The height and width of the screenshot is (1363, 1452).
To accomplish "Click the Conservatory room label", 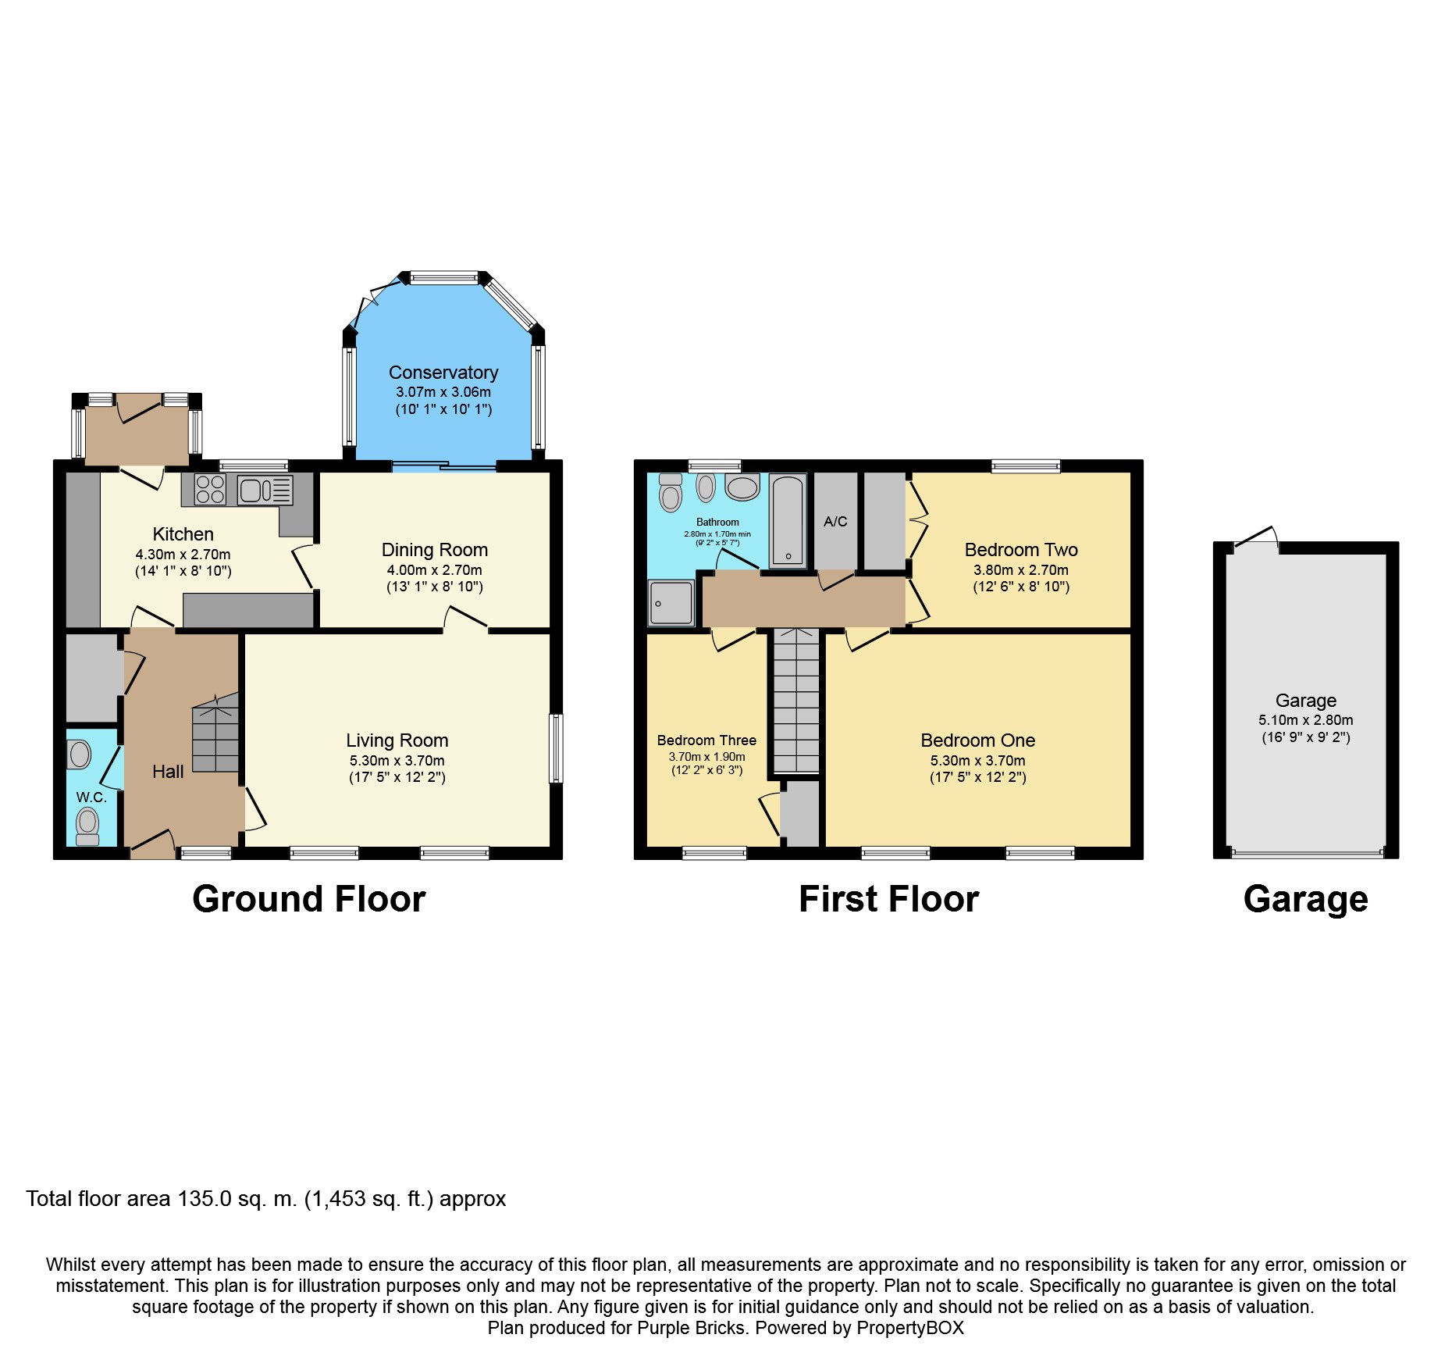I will (x=443, y=373).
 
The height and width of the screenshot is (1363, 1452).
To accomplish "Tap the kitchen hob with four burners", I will (x=210, y=489).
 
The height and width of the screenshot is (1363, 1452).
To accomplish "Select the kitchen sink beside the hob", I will (x=265, y=490).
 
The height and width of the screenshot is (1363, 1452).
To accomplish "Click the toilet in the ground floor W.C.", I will (x=87, y=825).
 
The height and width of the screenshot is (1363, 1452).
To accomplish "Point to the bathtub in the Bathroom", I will (x=788, y=520).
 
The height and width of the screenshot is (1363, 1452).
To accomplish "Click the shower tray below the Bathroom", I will (x=671, y=602).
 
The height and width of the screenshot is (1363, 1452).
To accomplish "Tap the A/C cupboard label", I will (x=835, y=521).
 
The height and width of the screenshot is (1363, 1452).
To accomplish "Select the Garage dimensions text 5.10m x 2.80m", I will (x=1305, y=720).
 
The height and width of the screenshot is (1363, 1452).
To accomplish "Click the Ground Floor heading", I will (x=308, y=899).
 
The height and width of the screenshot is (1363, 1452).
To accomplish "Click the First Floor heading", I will (x=888, y=899).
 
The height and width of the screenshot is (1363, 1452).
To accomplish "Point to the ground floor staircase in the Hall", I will (x=215, y=733).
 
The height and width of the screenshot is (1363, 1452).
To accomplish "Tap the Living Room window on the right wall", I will (x=555, y=748).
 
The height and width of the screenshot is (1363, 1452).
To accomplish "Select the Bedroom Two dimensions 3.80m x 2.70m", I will (x=1020, y=570).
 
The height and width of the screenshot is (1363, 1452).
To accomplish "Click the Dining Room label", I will (x=434, y=550).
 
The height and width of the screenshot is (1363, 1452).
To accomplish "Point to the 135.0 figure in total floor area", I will (x=205, y=1199).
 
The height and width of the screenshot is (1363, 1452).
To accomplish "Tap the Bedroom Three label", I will (x=706, y=740).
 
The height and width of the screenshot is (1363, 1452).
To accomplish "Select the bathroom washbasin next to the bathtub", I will (x=742, y=487).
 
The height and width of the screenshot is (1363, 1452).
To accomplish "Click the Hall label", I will (x=168, y=772).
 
